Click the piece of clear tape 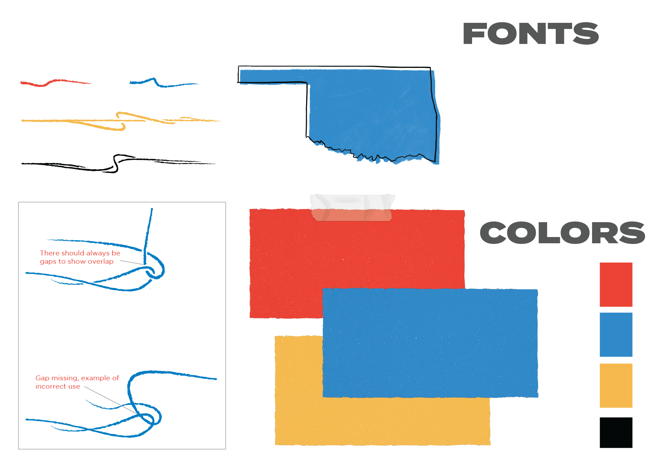click(352, 207)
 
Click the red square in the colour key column click(631, 288)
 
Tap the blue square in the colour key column click(631, 338)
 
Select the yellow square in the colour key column click(631, 386)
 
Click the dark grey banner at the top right click(564, 34)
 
